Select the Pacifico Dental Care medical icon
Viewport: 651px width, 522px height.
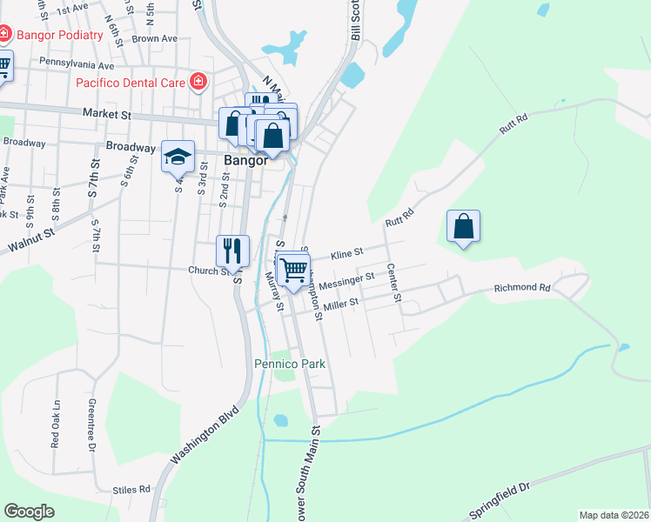click(x=198, y=83)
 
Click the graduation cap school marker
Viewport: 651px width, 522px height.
click(x=178, y=157)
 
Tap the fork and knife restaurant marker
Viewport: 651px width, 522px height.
click(x=232, y=251)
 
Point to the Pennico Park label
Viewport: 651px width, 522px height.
click(x=290, y=364)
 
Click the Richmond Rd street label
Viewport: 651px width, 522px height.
click(x=522, y=288)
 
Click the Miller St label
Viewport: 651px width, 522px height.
click(x=341, y=304)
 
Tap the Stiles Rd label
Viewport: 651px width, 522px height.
click(x=131, y=489)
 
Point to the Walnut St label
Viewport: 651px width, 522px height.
click(x=31, y=239)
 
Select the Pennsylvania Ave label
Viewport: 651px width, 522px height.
click(x=77, y=64)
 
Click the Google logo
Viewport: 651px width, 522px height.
click(x=29, y=512)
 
